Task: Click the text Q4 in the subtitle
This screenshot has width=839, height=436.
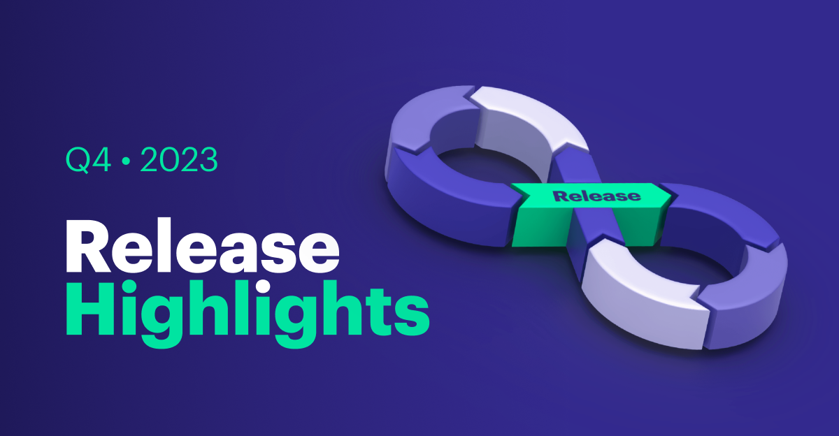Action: pos(89,160)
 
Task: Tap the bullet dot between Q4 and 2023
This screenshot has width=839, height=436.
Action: pos(126,161)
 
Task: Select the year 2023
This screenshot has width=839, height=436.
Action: pos(179,159)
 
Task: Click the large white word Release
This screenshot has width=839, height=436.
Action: pos(203,245)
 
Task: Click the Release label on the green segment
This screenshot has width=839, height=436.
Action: pos(596,196)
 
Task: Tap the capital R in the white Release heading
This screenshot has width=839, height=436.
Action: pos(88,246)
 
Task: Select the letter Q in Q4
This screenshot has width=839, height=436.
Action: pos(78,160)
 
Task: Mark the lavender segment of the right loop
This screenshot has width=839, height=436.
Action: pos(745,299)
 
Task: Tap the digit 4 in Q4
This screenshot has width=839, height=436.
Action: pos(102,160)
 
